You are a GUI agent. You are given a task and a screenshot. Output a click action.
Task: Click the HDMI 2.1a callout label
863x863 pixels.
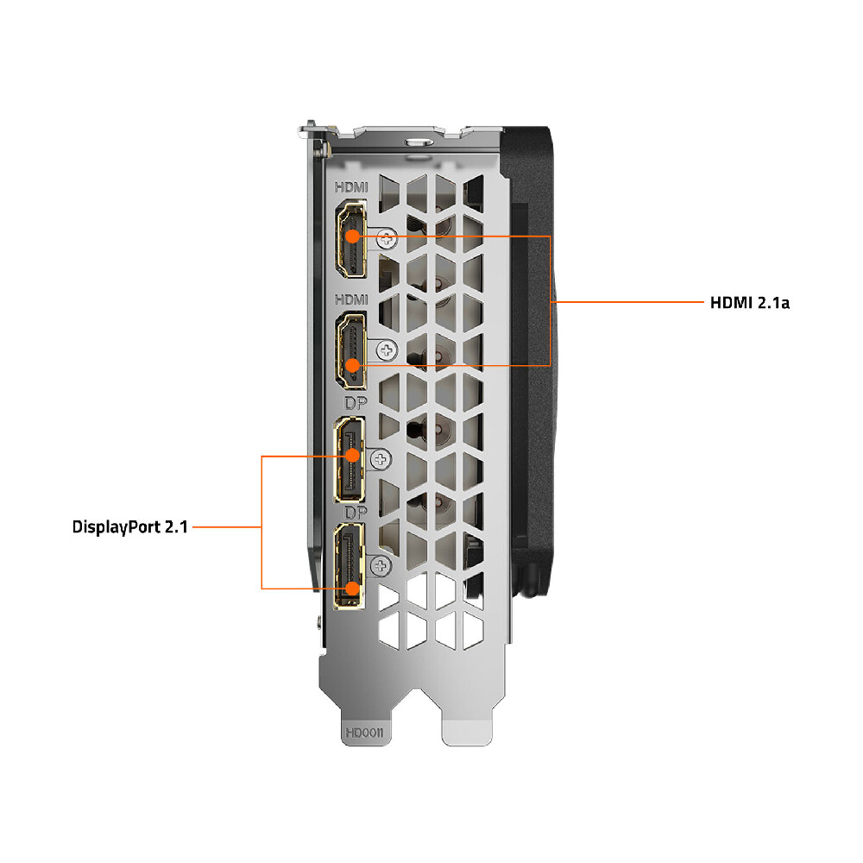click(750, 303)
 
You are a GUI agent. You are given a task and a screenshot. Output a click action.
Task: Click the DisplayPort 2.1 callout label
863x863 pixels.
click(130, 526)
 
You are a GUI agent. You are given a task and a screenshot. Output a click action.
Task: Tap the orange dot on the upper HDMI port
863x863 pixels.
click(352, 236)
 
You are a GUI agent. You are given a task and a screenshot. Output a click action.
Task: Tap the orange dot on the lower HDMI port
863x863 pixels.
click(352, 365)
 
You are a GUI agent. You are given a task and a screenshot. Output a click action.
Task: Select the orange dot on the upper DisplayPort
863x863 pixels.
click(352, 456)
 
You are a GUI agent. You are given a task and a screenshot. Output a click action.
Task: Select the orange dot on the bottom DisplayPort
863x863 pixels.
click(352, 589)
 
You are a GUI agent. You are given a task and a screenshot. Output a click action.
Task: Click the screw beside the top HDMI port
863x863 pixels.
click(387, 239)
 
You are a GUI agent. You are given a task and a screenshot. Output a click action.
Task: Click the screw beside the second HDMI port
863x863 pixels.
click(387, 350)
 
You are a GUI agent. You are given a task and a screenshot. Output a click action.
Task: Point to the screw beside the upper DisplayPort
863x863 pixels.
click(381, 460)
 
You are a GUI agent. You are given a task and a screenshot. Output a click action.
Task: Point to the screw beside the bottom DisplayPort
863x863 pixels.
click(381, 565)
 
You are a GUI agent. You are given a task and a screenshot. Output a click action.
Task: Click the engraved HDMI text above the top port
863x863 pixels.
click(351, 187)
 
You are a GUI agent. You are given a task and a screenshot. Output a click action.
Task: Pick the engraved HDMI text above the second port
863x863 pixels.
click(351, 299)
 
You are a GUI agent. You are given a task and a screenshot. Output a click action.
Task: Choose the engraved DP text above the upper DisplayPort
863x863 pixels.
click(356, 403)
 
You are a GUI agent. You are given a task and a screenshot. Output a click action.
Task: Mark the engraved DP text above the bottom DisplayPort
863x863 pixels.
click(356, 513)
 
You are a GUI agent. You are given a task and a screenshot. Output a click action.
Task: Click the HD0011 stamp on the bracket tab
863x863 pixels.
click(364, 733)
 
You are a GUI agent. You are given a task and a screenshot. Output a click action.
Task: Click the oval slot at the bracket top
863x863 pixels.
click(419, 142)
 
